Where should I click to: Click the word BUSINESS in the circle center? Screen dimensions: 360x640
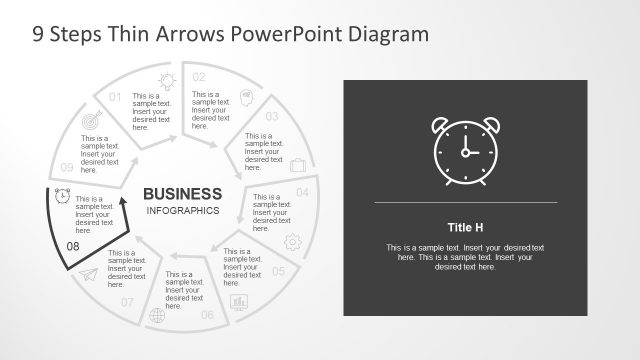182,193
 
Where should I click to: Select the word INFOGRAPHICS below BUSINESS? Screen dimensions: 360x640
182,211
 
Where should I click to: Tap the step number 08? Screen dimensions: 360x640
73,245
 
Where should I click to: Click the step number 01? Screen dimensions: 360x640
115,97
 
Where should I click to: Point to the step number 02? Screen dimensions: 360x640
199,77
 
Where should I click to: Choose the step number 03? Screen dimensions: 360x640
271,116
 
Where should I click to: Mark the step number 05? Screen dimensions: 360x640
278,271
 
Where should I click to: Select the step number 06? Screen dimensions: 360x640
207,315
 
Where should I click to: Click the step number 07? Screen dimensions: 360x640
127,301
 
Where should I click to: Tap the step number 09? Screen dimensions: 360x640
66,167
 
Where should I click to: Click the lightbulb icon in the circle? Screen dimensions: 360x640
165,79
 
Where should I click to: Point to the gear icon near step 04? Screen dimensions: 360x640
293,241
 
